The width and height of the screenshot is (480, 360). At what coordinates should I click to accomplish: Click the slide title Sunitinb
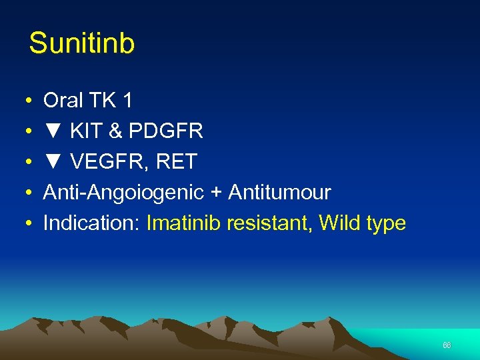point(82,44)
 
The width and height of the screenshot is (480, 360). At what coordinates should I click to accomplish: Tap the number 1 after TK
point(127,101)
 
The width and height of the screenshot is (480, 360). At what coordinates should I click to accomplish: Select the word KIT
point(86,131)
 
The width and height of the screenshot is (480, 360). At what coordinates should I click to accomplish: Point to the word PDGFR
point(165,131)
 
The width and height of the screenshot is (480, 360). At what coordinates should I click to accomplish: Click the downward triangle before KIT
point(53,131)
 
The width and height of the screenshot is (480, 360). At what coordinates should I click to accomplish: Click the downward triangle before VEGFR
point(53,162)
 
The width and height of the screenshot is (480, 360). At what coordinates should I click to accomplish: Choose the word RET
point(177,162)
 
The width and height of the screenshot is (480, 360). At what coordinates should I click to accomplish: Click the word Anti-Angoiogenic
point(123,193)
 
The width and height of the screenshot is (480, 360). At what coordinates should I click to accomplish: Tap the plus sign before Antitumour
point(216,193)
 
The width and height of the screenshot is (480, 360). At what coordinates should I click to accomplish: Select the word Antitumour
point(279,193)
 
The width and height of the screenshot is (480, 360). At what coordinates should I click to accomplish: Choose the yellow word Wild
point(337,223)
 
